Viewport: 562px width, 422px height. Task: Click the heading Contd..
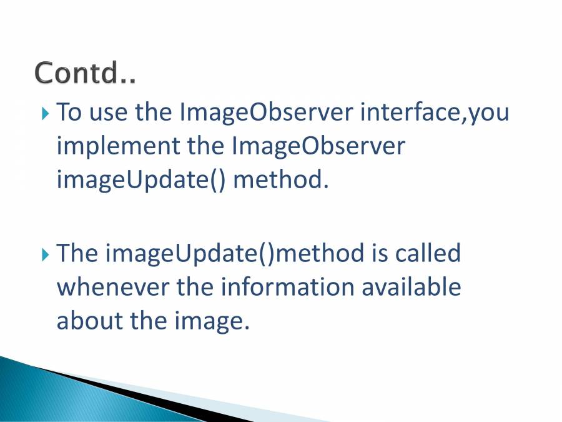(86, 73)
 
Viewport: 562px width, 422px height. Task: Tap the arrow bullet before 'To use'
(45, 114)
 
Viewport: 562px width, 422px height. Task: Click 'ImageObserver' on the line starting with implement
(318, 146)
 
